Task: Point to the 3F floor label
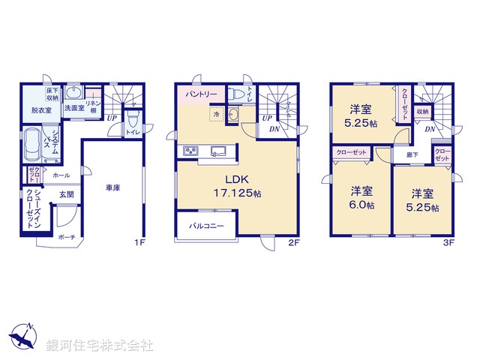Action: (x=448, y=242)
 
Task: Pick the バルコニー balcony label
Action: (x=206, y=225)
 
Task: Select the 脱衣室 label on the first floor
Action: (x=41, y=110)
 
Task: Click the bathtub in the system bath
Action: (x=33, y=143)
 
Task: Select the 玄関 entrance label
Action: (x=67, y=194)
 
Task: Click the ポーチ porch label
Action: (x=66, y=237)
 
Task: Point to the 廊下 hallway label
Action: (x=412, y=155)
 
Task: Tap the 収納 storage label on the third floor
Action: (x=422, y=112)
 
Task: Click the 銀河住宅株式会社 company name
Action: (x=100, y=346)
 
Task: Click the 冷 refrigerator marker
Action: (x=217, y=115)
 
